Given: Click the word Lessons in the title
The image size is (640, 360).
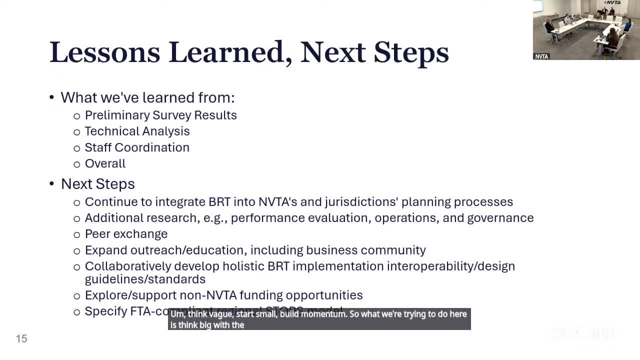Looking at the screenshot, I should point(104,52).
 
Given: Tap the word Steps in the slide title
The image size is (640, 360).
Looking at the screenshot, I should point(411,52).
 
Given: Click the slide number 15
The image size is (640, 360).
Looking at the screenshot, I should point(21,339).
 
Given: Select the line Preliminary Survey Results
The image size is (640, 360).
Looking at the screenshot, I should point(160,115).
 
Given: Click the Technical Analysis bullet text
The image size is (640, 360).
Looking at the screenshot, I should point(137,131).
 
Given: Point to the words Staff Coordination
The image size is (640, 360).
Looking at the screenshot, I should point(137,147).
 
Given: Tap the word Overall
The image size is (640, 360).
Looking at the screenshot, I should point(105,163).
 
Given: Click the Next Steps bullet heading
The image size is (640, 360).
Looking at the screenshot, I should point(97,184).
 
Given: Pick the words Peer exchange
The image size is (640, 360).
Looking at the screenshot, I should point(126,234).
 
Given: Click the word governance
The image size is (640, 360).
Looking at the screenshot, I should point(500,218).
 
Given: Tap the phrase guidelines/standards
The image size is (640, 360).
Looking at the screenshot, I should point(145,279).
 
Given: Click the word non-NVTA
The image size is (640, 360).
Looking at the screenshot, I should point(207,295).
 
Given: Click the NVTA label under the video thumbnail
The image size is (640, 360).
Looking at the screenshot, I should point(541,56).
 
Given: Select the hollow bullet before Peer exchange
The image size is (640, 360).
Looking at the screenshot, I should point(76,234).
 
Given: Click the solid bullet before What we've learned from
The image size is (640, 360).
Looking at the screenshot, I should point(52,97).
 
